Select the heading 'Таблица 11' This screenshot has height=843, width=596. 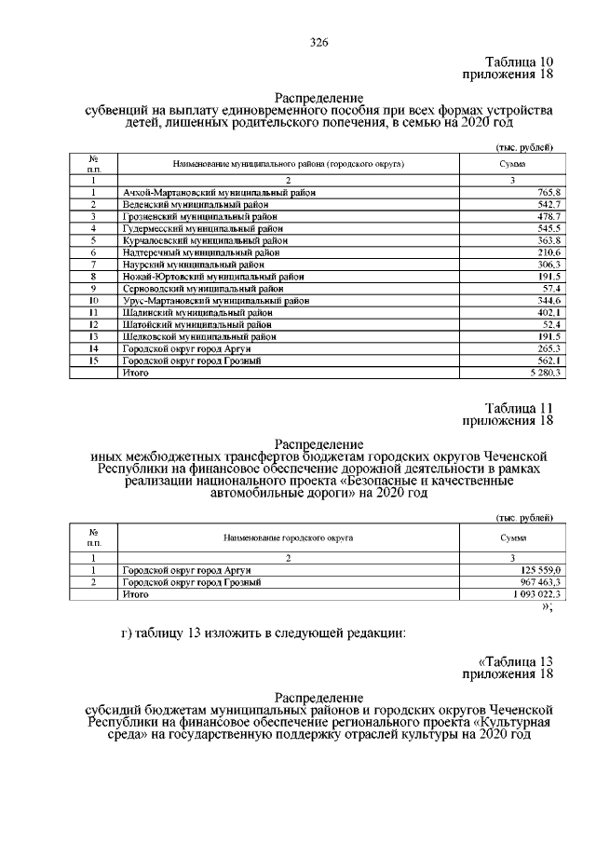[x=519, y=408]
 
